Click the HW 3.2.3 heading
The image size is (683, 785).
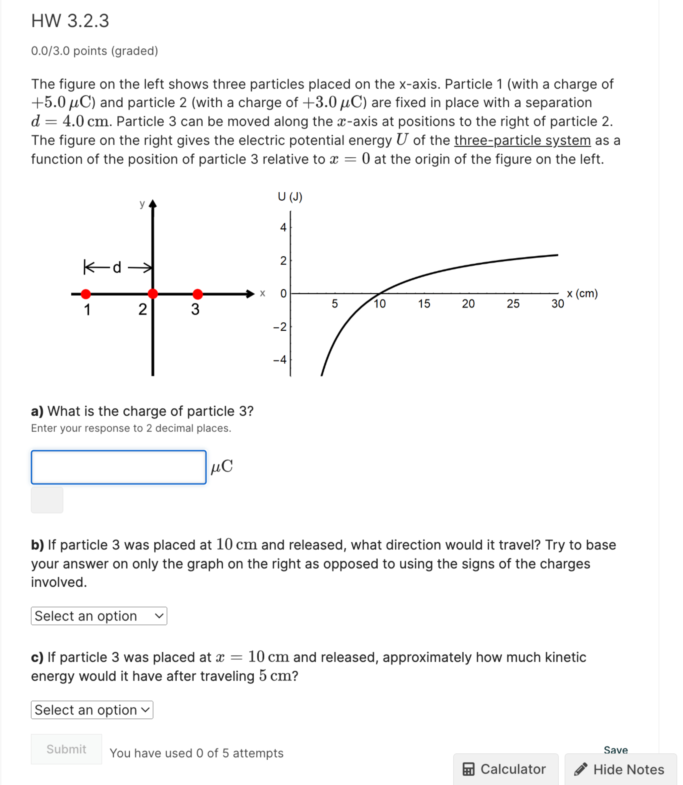(x=70, y=21)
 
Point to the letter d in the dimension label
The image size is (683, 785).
(x=117, y=267)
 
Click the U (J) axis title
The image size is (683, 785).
(x=290, y=197)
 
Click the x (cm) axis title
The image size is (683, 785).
(x=582, y=293)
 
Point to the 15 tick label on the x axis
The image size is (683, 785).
(x=424, y=304)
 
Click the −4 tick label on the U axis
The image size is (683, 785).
(x=280, y=359)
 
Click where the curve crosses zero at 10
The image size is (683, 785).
(x=380, y=293)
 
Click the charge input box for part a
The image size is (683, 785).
(x=119, y=467)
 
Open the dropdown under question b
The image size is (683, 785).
(x=99, y=616)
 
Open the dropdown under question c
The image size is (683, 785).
(x=92, y=710)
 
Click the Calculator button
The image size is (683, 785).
(x=505, y=769)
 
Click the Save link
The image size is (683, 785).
(x=616, y=750)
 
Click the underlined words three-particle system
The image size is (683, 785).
(x=522, y=140)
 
